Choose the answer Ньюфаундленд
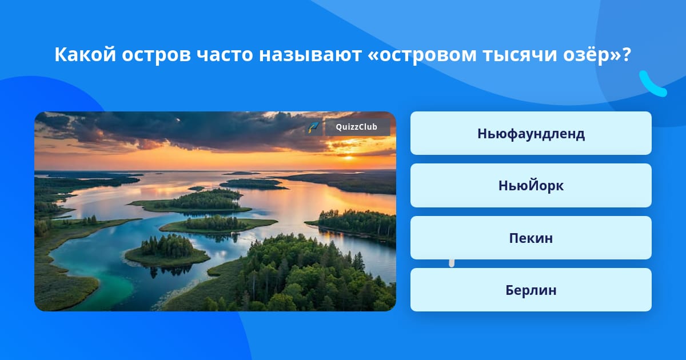[531, 133]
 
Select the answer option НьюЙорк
[531, 186]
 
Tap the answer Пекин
[531, 238]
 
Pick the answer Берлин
[531, 290]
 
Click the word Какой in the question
[85, 54]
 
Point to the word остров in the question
[156, 55]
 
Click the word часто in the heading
[225, 55]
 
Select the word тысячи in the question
[520, 55]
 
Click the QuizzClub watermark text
[357, 127]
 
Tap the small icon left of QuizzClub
[314, 127]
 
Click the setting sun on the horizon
[348, 158]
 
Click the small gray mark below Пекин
[452, 263]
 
